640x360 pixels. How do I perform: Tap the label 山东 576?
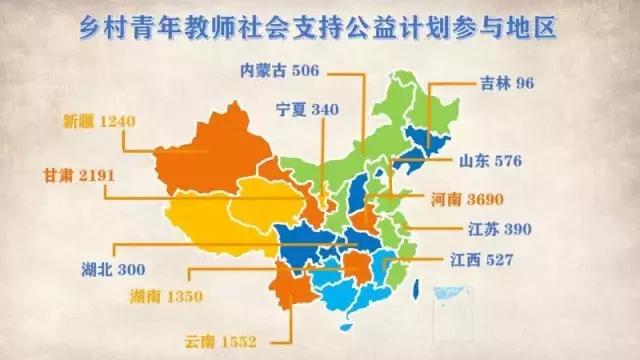491,160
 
